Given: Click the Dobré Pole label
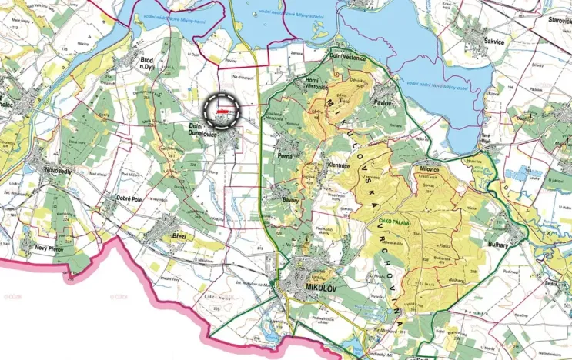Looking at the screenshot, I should [129, 198].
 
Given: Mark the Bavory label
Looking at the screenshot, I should [290, 199].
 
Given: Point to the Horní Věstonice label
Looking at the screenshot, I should [313, 86].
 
